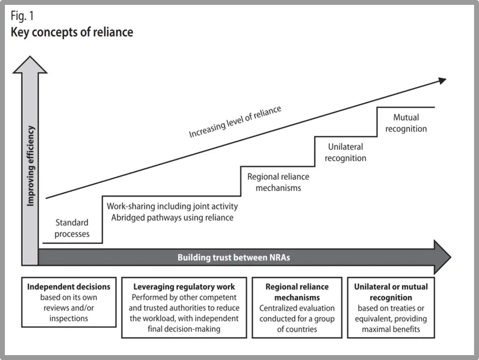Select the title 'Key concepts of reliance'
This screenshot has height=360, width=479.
pos(72,31)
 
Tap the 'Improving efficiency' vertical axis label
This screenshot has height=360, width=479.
pos(31,166)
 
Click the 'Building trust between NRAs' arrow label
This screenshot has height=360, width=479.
pos(234,257)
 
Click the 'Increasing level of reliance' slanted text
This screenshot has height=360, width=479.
pos(235,121)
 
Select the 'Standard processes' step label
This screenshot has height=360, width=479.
pos(72,228)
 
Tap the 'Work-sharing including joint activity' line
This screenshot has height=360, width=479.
pos(172,206)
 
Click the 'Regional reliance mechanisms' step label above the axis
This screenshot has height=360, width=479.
pos(278,182)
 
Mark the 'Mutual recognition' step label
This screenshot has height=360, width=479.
pos(406,123)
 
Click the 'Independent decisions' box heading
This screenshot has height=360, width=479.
pos(69,287)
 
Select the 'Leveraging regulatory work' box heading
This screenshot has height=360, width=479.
pos(185,287)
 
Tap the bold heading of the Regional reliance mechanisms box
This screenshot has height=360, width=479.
pos(297,292)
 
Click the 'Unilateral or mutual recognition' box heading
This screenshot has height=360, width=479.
pos(391,292)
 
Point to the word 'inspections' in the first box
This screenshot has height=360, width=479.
pos(69,318)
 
